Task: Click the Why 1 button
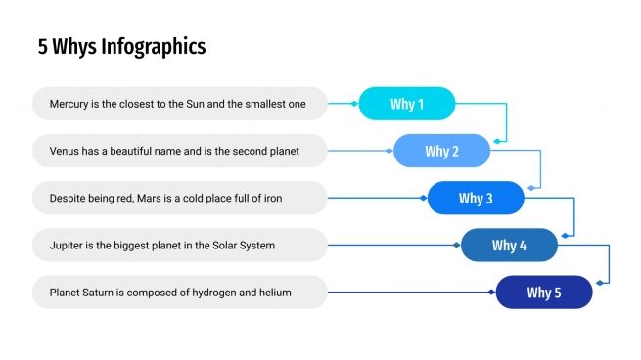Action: point(407,104)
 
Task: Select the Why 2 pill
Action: point(441,151)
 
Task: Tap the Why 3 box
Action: point(476,199)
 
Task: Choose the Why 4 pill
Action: point(509,246)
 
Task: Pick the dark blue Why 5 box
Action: point(544,292)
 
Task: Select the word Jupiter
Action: point(69,246)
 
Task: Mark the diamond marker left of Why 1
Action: point(354,103)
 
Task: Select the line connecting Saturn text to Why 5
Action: point(411,292)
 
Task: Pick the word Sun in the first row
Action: point(196,104)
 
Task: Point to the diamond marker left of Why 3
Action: point(423,198)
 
